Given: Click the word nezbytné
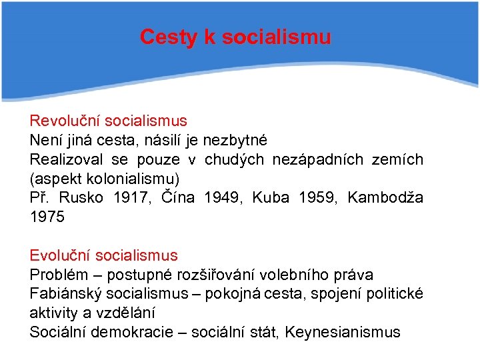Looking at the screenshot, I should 235,141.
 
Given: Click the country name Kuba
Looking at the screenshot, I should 270,198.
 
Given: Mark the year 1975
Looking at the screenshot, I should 47,217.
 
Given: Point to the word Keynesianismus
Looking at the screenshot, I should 343,333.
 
